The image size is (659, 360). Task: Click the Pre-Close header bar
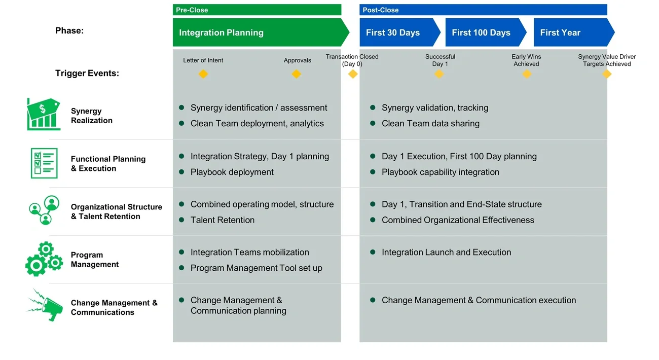pyautogui.click(x=257, y=10)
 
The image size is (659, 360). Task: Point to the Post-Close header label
pyautogui.click(x=381, y=10)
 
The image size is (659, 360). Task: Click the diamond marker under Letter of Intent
pyautogui.click(x=203, y=74)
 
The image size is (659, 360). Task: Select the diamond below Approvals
pyautogui.click(x=297, y=74)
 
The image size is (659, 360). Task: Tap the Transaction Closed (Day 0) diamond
pyautogui.click(x=353, y=74)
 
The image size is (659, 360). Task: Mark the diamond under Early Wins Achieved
pyautogui.click(x=527, y=74)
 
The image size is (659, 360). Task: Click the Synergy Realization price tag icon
pyautogui.click(x=43, y=114)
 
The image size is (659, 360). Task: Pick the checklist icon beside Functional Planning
pyautogui.click(x=44, y=163)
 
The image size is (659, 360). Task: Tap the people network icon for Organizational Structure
pyautogui.click(x=44, y=210)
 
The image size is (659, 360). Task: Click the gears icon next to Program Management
pyautogui.click(x=44, y=259)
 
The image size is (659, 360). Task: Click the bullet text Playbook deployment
pyautogui.click(x=232, y=172)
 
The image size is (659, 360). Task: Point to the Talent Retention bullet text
pyautogui.click(x=222, y=220)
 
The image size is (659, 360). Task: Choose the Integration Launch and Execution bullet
pyautogui.click(x=446, y=252)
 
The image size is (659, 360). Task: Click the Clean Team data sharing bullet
pyautogui.click(x=430, y=123)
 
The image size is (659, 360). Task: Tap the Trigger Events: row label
pyautogui.click(x=87, y=73)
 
